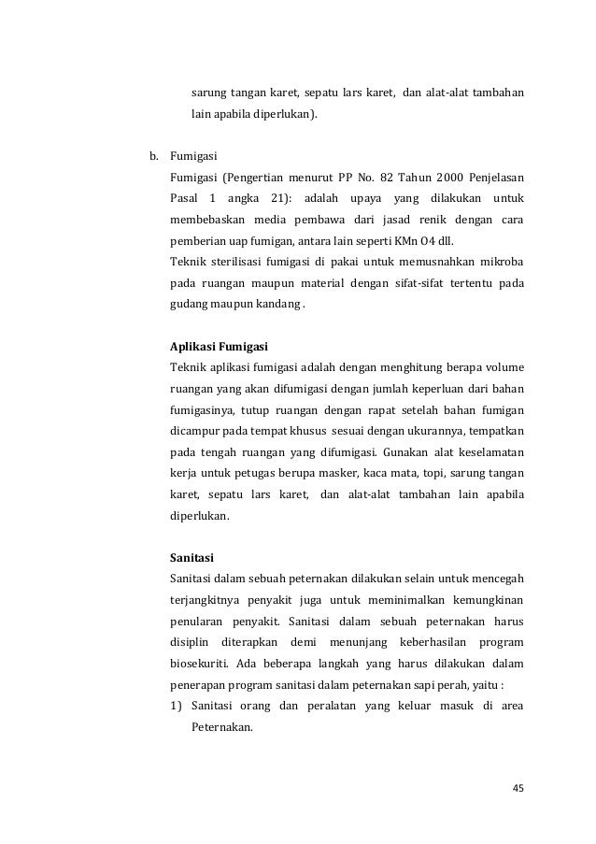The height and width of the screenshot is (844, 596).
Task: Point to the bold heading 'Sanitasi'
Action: point(192,558)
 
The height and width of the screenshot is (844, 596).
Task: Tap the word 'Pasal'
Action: point(184,198)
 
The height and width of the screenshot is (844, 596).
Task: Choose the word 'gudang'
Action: point(187,306)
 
